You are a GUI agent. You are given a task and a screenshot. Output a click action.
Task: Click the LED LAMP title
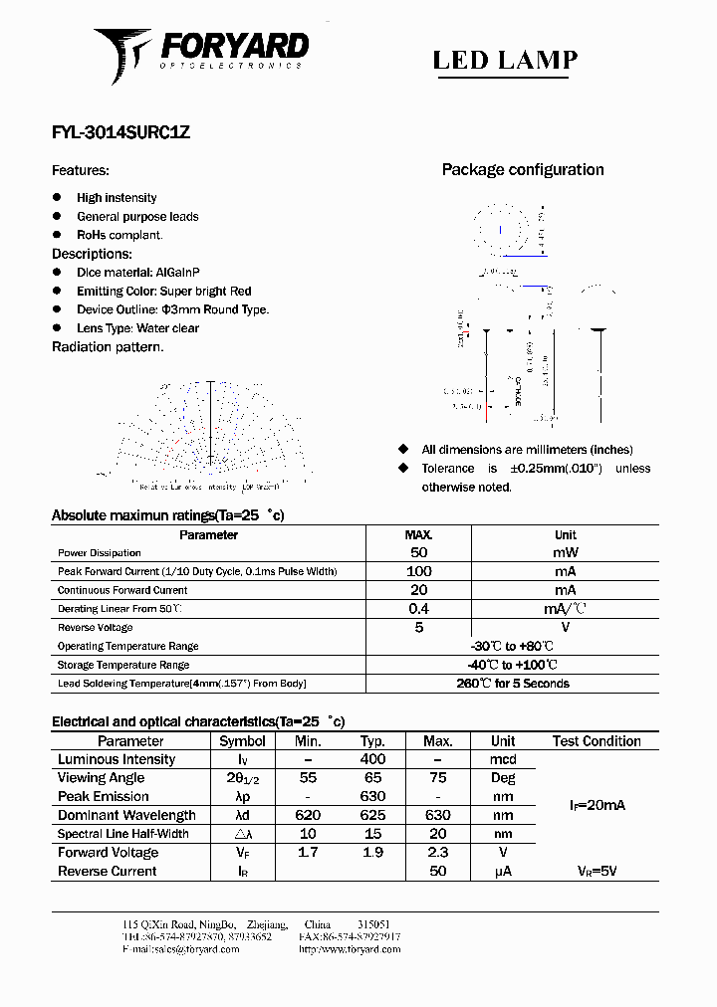coord(505,60)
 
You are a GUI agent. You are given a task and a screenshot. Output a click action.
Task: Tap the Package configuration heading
coord(522,170)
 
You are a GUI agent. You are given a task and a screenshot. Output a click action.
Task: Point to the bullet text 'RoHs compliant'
coord(119,235)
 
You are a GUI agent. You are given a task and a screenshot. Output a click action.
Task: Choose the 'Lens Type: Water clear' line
coord(137,328)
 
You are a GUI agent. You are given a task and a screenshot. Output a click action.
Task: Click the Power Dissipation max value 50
coord(418,552)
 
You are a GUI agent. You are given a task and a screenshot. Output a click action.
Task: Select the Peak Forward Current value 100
coord(418,571)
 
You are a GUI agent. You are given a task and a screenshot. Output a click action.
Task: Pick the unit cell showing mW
coord(565,552)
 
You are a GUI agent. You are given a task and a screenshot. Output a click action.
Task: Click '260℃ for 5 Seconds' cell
coord(512,684)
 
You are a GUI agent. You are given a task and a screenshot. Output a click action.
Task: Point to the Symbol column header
coord(242,741)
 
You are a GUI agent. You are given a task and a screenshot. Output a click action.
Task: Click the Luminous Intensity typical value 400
coord(372,760)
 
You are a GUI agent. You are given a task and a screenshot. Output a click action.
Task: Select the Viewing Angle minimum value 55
coord(308,778)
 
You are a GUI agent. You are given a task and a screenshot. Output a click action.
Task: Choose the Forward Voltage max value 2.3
coord(437,853)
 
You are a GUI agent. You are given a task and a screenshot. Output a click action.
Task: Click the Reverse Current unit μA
coord(503,872)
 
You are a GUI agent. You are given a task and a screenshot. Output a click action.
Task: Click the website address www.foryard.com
coord(350,949)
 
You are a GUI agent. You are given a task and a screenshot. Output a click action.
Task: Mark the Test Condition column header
coord(597,741)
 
